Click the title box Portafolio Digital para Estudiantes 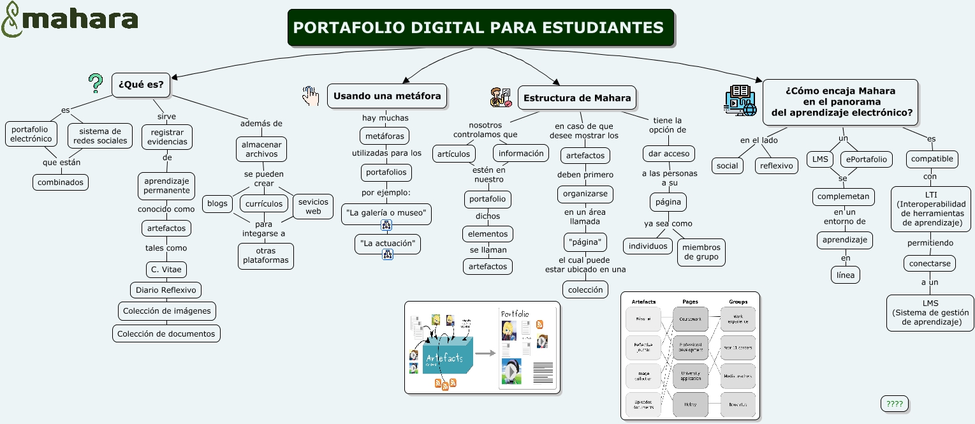pos(480,28)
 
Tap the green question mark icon pos(96,83)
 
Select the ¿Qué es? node pos(141,85)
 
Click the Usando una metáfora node pos(387,96)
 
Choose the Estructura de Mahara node pos(576,98)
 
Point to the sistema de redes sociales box pos(100,136)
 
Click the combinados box pos(61,182)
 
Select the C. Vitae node pos(166,269)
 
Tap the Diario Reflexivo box pos(166,290)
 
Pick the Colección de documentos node pos(166,333)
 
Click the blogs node pos(217,203)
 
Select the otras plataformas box pos(265,255)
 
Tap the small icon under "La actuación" pos(387,255)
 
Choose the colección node pos(585,289)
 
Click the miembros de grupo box pos(701,252)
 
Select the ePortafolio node pos(866,159)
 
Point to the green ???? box pos(894,404)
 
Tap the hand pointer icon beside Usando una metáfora pos(311,96)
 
